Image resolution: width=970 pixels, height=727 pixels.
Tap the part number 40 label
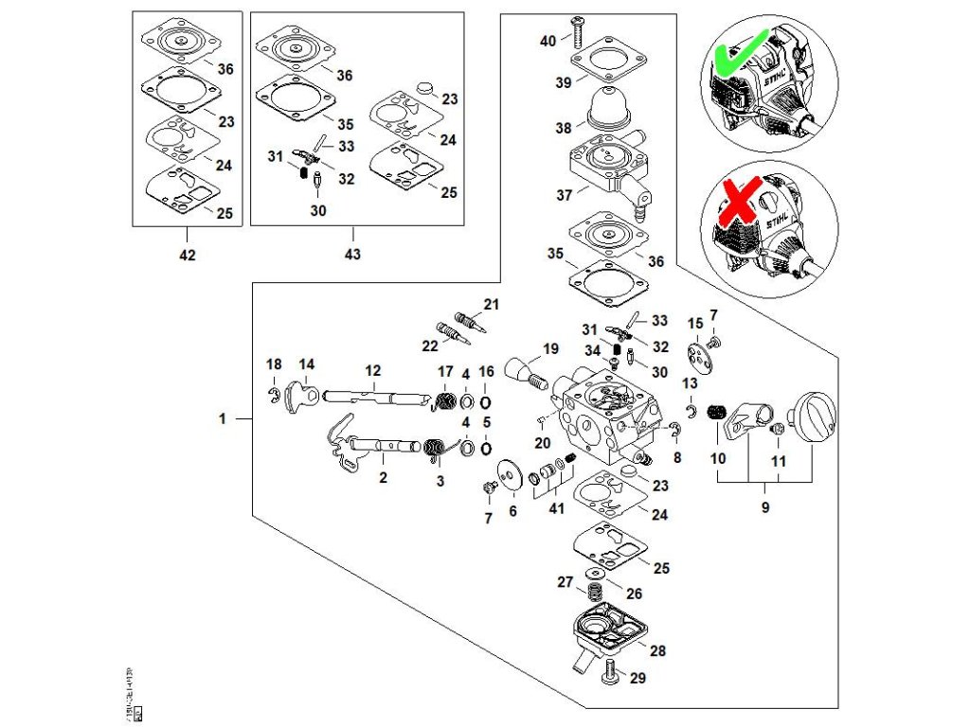click(x=548, y=42)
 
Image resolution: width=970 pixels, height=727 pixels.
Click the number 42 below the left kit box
click(x=188, y=256)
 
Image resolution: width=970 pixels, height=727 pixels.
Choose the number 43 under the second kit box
click(x=352, y=256)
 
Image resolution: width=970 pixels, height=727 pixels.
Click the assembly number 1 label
click(x=222, y=418)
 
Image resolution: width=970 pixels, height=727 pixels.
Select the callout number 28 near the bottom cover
click(x=657, y=650)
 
